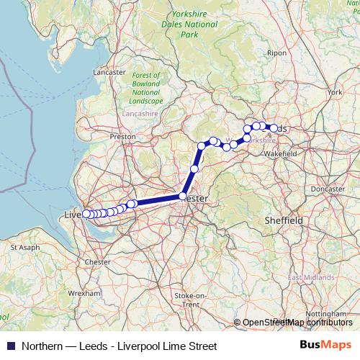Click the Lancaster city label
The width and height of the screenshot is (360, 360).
109,72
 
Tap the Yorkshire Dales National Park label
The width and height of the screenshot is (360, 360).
189,24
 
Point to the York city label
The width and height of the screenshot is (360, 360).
334,92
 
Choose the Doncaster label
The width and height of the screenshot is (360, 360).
329,189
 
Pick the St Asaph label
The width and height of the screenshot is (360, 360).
24,247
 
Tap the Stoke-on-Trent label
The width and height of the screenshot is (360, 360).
191,300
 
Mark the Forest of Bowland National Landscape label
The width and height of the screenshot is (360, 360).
147,88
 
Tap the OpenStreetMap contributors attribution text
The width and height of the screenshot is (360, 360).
297,323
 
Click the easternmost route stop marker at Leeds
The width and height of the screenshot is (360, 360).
274,128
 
